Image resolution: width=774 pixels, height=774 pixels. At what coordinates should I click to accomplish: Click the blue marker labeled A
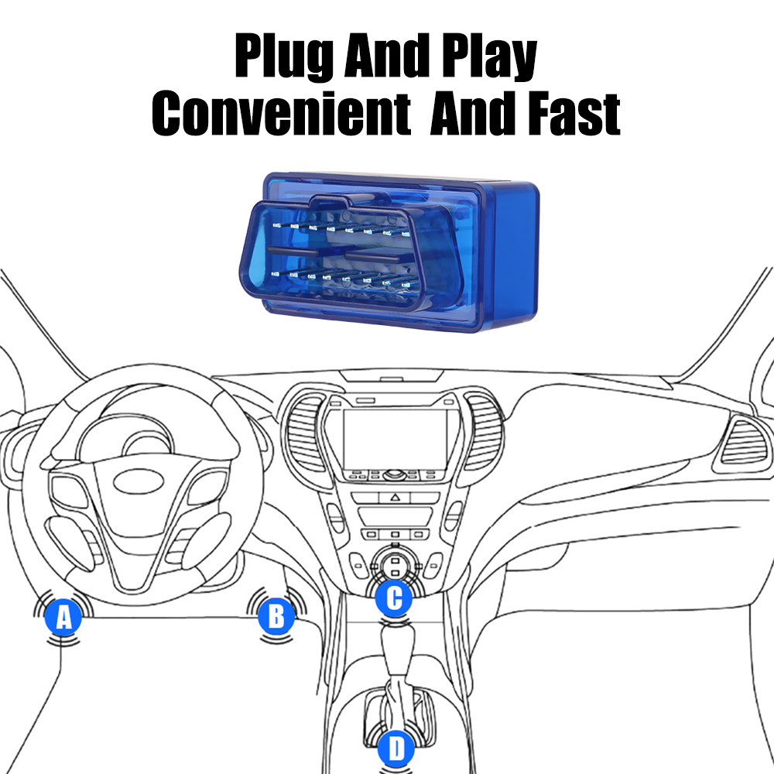(63, 617)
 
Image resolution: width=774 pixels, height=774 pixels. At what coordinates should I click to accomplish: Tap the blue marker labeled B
(276, 616)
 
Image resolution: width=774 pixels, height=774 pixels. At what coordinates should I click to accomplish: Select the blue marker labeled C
(393, 597)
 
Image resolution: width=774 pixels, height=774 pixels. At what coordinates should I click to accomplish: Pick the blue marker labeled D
(395, 748)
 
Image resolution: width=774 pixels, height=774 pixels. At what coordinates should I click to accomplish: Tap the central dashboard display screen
(396, 438)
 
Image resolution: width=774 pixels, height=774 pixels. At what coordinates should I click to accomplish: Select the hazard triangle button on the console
(394, 497)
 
